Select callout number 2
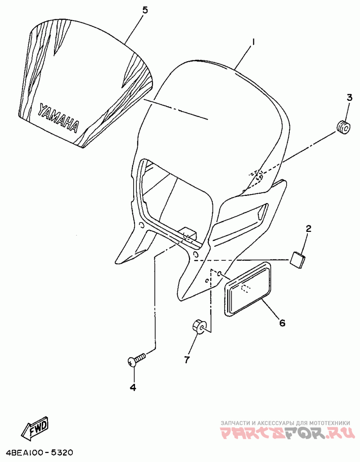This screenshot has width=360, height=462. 308,229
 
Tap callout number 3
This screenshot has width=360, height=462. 349,97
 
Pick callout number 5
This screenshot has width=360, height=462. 145,10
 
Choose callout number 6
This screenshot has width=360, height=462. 282,322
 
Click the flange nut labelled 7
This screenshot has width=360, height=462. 199,326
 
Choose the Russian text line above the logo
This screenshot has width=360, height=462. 285,423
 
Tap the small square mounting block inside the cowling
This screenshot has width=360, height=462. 189,232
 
